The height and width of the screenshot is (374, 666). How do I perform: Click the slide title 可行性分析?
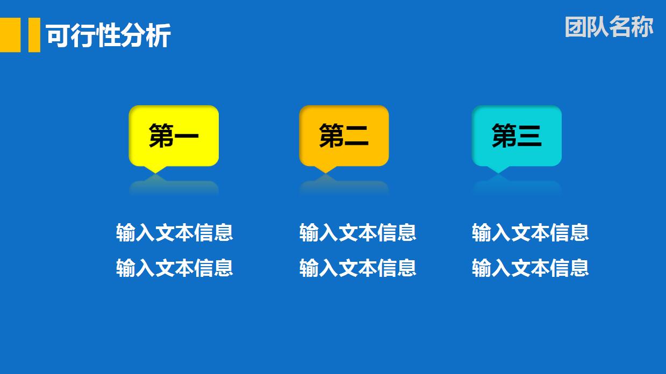(x=108, y=36)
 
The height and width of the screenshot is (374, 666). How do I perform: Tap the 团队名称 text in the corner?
(x=609, y=27)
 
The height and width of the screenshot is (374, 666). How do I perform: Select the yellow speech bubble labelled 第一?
(x=174, y=135)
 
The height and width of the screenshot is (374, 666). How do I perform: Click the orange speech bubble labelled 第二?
(x=343, y=135)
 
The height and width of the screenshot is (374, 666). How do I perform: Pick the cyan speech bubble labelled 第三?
(x=517, y=135)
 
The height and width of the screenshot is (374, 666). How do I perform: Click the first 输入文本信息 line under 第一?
(x=175, y=232)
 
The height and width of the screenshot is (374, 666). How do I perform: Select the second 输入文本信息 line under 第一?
(x=175, y=267)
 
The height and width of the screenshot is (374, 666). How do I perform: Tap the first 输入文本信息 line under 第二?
(x=357, y=232)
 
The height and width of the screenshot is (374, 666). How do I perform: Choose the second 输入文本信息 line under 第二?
(x=357, y=267)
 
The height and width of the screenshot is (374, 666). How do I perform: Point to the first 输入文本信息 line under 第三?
(x=530, y=232)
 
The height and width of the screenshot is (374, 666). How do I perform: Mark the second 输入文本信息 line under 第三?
(x=530, y=267)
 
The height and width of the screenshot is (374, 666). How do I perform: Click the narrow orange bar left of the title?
(x=34, y=35)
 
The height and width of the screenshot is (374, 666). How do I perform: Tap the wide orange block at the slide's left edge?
(x=10, y=35)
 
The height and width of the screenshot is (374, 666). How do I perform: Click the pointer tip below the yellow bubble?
(x=156, y=170)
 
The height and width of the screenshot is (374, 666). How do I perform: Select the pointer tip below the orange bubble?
(x=325, y=170)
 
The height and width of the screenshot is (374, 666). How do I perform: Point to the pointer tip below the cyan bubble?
(x=498, y=170)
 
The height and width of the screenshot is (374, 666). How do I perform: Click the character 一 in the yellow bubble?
(x=187, y=136)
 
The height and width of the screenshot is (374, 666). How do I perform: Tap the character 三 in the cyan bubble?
(x=529, y=136)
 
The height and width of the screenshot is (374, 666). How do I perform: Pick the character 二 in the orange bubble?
(x=356, y=136)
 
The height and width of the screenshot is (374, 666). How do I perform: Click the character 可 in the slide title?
(x=56, y=36)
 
